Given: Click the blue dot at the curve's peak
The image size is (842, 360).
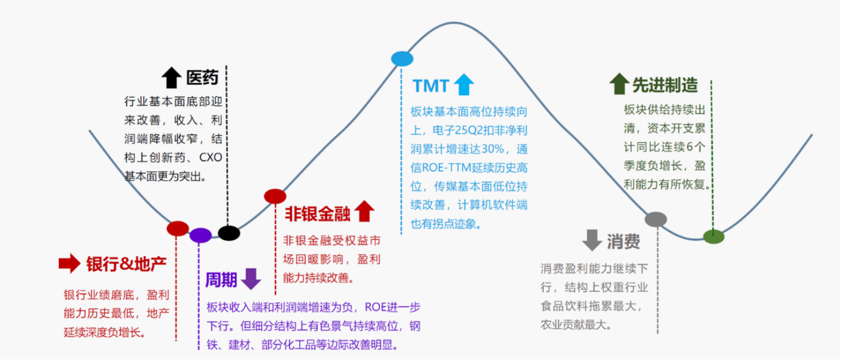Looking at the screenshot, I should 402,58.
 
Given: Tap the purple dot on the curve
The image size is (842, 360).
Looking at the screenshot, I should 200,235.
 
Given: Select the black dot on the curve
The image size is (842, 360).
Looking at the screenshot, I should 229,232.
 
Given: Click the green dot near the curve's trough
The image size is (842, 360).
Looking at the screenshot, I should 713,237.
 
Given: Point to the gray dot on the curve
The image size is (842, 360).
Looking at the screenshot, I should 655,220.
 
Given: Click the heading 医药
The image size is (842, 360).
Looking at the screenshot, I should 202,77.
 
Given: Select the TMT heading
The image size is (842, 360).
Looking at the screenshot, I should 430,86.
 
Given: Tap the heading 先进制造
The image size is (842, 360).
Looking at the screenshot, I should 665,85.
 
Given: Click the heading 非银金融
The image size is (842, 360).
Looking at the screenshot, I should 317,213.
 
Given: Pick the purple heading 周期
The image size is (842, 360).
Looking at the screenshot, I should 221,280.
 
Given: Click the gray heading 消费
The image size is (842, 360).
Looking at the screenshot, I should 623,241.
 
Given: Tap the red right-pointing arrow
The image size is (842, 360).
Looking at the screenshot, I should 69,263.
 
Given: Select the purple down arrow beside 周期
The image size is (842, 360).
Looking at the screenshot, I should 250,279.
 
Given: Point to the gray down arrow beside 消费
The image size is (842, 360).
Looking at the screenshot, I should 592,240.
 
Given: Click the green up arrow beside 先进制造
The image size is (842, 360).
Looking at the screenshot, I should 618,84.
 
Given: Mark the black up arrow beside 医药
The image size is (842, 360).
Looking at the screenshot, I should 171,77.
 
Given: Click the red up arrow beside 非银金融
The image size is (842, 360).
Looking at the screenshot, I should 364,211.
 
